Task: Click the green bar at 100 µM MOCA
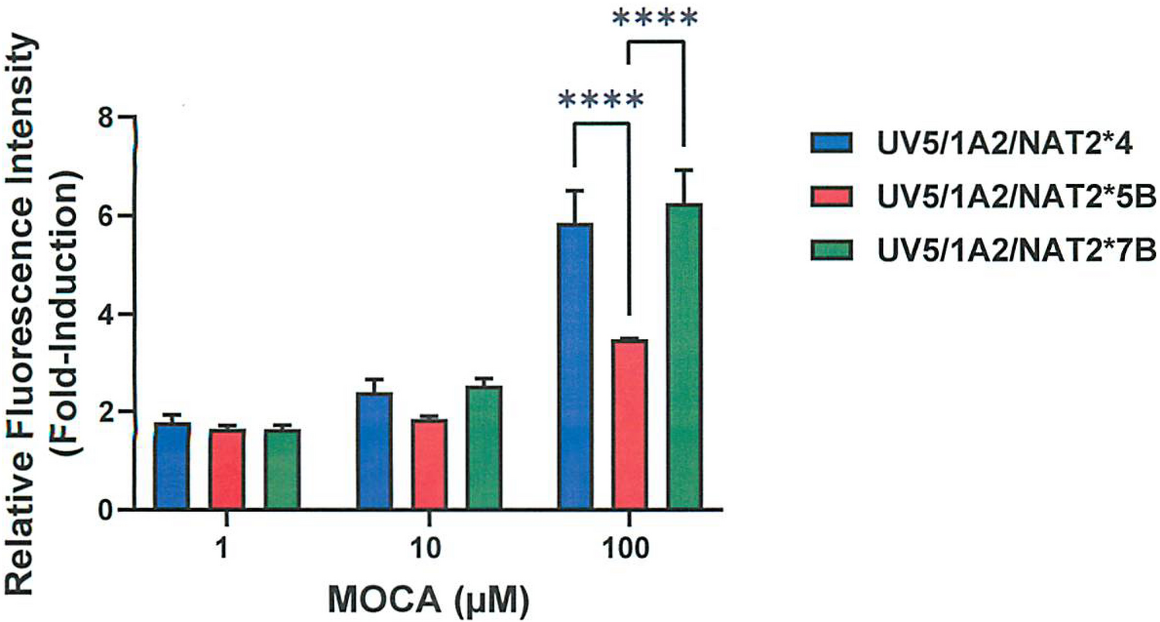[x=684, y=357]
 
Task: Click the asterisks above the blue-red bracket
[x=600, y=101]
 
